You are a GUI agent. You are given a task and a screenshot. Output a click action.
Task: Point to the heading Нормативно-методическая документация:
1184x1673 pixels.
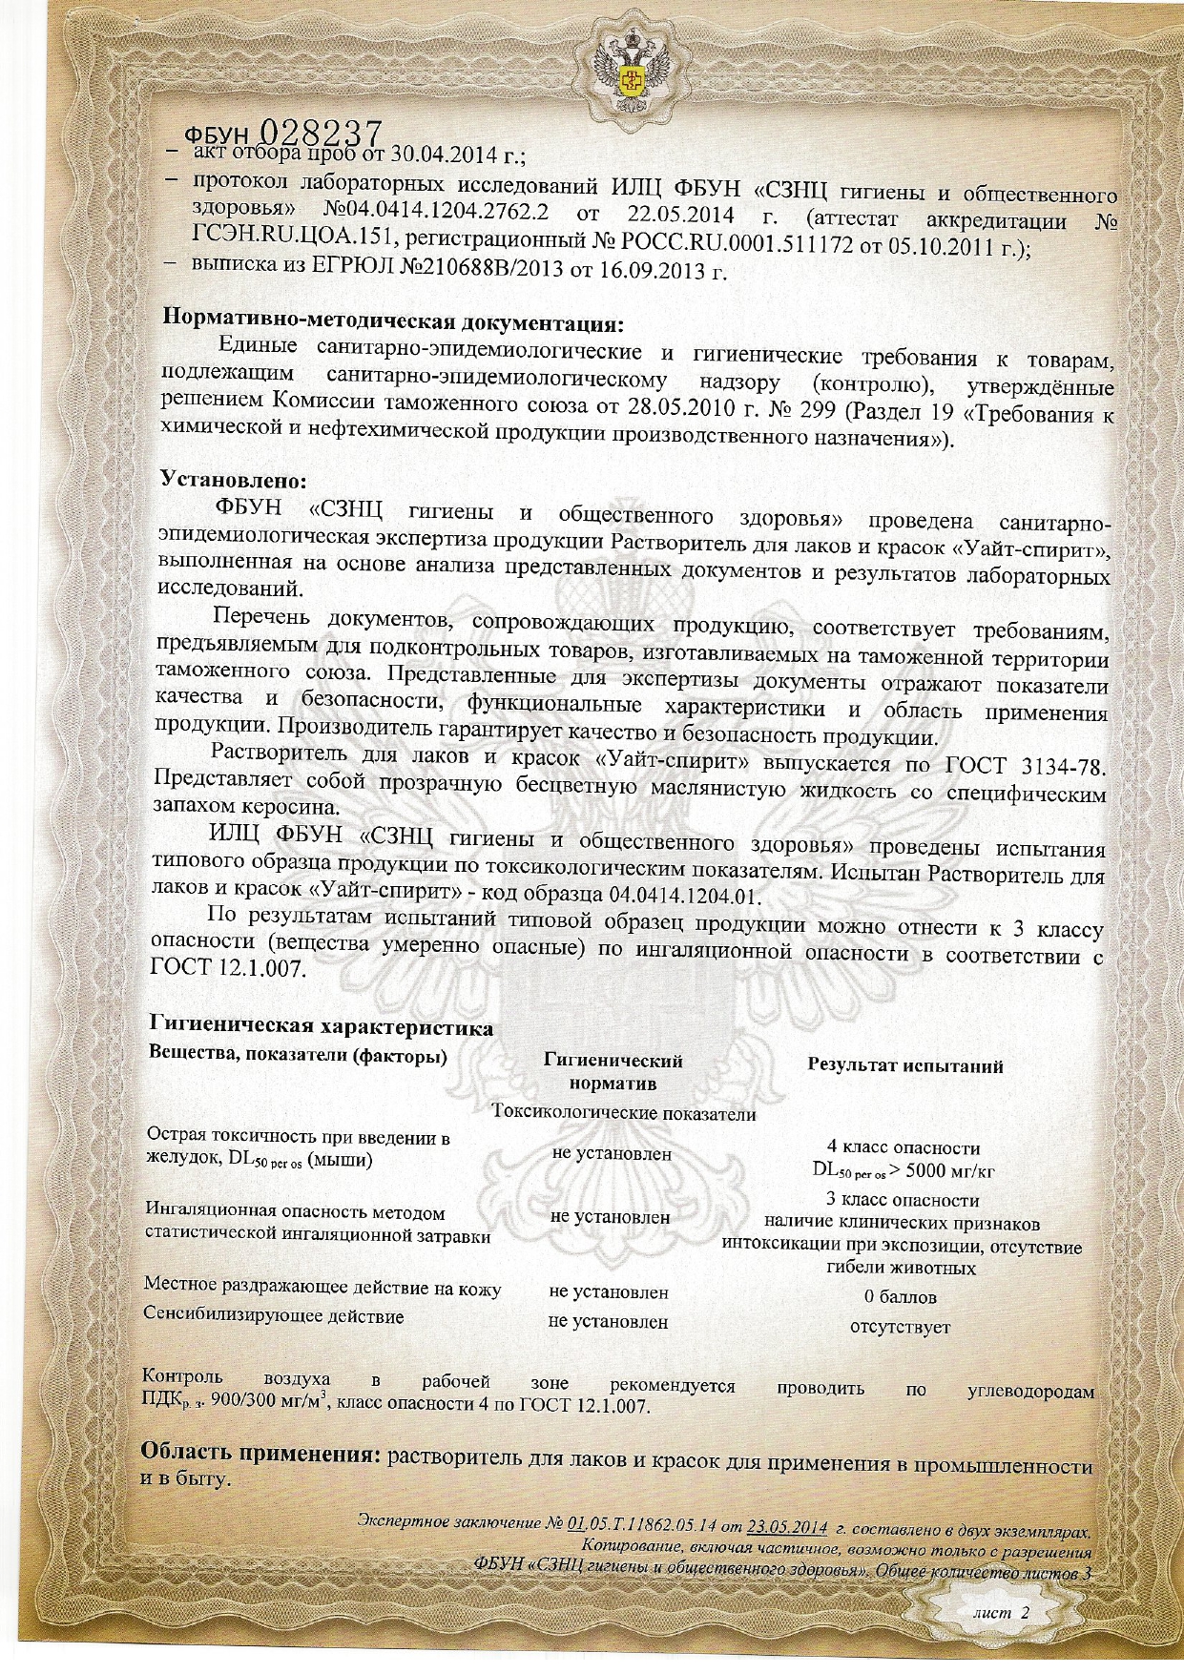pos(393,319)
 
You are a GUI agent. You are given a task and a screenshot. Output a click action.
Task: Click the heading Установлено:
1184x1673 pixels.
pos(234,479)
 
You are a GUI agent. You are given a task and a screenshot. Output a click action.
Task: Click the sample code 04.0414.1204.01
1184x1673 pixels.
pos(683,897)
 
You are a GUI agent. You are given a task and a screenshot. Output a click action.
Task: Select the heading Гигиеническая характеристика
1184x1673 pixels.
pos(321,1027)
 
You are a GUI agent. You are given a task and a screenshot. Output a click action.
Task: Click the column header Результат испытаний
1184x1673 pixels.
pos(904,1066)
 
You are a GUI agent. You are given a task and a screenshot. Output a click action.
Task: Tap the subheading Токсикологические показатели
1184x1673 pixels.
pos(624,1113)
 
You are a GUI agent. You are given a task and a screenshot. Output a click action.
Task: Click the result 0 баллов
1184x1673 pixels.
pos(900,1297)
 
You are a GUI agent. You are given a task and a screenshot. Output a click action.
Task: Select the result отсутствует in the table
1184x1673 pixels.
pos(900,1327)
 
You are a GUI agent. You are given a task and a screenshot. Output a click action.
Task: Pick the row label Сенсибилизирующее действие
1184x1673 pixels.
pos(273,1317)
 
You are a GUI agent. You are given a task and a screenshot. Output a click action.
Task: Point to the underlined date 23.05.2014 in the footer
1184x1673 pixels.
pos(787,1524)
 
